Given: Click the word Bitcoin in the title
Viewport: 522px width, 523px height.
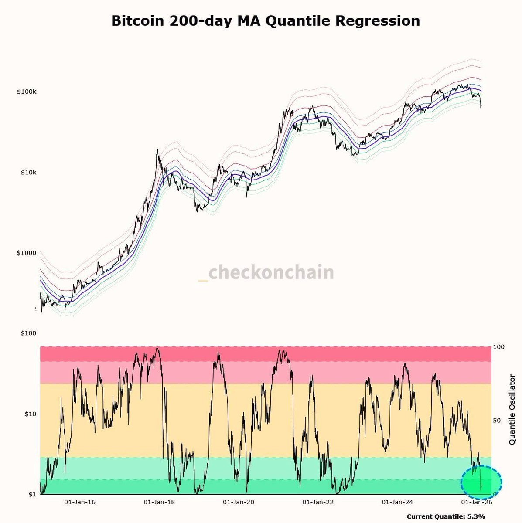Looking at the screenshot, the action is coord(138,21).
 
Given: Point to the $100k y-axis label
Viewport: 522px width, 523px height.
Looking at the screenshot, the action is coord(27,92).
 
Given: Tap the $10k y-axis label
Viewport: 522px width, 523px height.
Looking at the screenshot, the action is coord(28,172).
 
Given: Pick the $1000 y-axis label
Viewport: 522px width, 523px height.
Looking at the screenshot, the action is coord(26,253).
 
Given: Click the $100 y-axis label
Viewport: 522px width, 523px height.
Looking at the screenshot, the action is coord(28,333).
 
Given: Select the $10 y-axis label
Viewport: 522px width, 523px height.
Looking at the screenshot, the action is coord(30,414).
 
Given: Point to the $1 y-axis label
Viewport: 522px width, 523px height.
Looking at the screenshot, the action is coord(32,495).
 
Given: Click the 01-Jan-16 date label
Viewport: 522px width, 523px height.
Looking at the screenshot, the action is coord(80,502).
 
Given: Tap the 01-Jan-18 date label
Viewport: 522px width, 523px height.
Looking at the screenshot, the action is coord(159,502).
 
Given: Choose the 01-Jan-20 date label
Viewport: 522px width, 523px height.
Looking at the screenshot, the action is coord(239,502).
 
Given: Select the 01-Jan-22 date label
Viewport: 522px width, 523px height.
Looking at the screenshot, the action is coord(318,502).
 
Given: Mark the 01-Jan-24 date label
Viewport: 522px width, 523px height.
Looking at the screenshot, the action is coord(397,502).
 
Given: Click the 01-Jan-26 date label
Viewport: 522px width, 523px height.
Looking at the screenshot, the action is coord(477,502).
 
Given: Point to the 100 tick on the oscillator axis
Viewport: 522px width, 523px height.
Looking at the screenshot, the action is coord(498,347).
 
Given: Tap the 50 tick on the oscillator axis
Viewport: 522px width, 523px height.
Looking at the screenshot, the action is coord(497,421).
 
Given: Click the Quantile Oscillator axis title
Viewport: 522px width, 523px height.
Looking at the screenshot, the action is coord(512,410).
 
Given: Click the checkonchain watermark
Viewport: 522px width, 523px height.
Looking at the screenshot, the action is coord(266,272).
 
